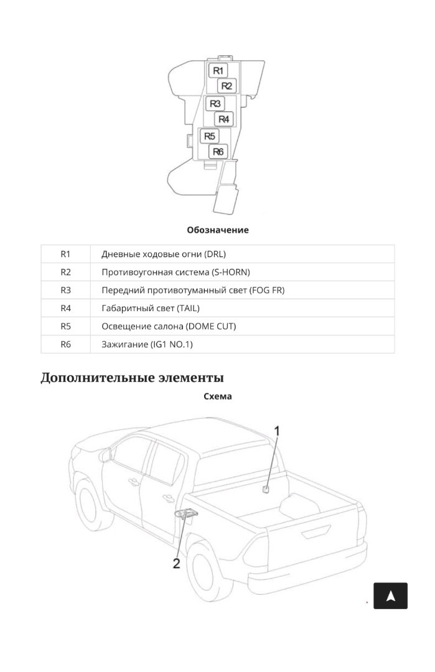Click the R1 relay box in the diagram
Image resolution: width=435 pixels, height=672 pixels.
[x=218, y=71]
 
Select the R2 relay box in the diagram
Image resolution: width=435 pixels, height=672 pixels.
[x=227, y=86]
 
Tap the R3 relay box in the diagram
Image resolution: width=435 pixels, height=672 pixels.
[x=215, y=104]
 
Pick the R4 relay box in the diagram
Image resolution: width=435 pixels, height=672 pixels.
[x=223, y=119]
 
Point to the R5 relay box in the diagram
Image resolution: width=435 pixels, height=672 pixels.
[x=210, y=136]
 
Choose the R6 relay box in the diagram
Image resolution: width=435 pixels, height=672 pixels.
[x=218, y=152]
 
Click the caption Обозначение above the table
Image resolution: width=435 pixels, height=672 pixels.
[x=218, y=230]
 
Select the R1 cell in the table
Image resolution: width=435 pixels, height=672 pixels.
[x=65, y=254]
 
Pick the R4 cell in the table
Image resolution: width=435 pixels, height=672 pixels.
[x=65, y=308]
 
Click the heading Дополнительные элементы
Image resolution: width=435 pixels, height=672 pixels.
[x=133, y=378]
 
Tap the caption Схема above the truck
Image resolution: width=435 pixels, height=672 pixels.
[x=218, y=396]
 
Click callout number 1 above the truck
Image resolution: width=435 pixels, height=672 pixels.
[x=277, y=431]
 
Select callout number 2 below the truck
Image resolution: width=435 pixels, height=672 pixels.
[x=177, y=564]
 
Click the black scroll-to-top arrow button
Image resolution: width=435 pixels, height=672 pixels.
[x=390, y=595]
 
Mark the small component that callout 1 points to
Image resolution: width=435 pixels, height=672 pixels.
[x=266, y=490]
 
